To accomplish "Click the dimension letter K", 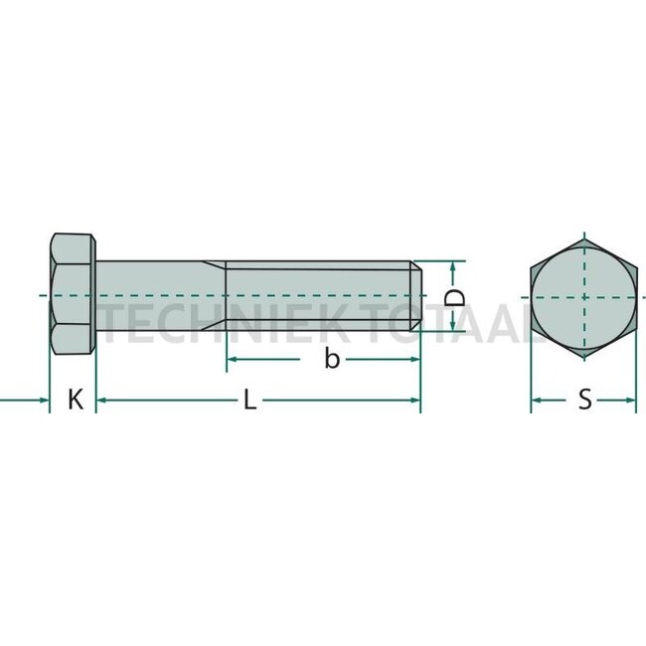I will tap(75, 401).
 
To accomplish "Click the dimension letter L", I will tap(250, 402).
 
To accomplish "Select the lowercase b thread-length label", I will tap(332, 360).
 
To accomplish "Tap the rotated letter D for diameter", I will tap(454, 297).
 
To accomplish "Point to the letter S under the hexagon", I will tap(584, 401).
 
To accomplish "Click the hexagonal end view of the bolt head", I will tap(582, 296).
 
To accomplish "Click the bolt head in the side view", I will tap(73, 296).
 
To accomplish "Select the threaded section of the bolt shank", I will tap(318, 296).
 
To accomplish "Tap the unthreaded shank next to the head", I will tap(159, 296).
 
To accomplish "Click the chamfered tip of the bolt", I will tap(418, 296).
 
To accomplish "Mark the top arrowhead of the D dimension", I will tap(454, 266).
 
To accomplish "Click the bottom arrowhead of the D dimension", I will tap(454, 327).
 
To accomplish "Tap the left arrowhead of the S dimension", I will tap(536, 401).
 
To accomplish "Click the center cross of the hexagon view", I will tap(582, 296).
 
